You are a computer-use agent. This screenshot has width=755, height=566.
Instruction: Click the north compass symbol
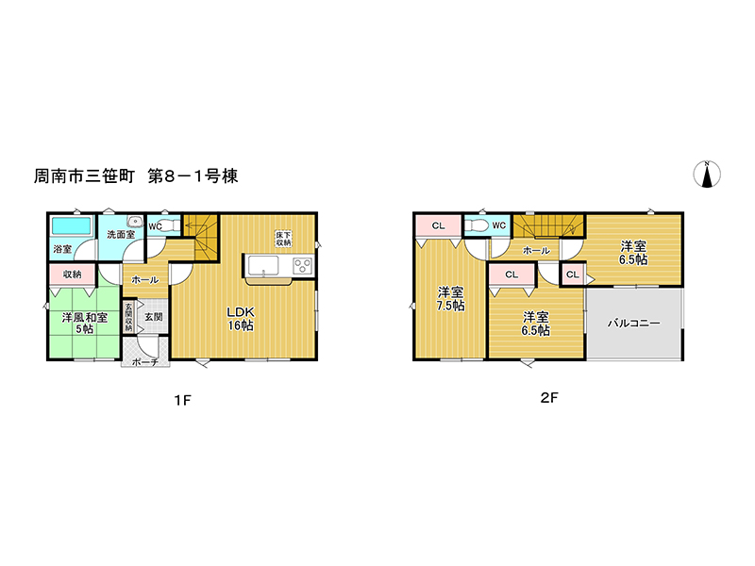pyautogui.click(x=707, y=174)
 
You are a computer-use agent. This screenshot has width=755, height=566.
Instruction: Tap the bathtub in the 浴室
pyautogui.click(x=72, y=225)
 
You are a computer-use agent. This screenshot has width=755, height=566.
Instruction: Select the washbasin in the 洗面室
pyautogui.click(x=135, y=221)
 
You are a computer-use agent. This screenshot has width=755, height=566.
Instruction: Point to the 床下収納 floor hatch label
pyautogui.click(x=283, y=239)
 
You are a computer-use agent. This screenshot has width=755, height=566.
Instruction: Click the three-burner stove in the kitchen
pyautogui.click(x=303, y=266)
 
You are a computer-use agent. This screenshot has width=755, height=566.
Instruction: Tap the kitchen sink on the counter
pyautogui.click(x=263, y=266)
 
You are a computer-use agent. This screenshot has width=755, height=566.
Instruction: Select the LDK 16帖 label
pyautogui.click(x=241, y=319)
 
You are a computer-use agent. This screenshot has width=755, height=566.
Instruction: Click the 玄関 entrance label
pyautogui.click(x=154, y=317)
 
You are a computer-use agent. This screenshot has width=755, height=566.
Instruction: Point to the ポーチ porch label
pyautogui.click(x=145, y=361)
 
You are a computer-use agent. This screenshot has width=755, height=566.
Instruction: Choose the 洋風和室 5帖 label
pyautogui.click(x=84, y=324)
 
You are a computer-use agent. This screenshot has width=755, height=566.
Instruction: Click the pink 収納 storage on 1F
pyautogui.click(x=73, y=275)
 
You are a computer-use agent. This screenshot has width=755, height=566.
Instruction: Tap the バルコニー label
pyautogui.click(x=633, y=323)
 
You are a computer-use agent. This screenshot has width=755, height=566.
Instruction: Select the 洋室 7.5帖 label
pyautogui.click(x=451, y=298)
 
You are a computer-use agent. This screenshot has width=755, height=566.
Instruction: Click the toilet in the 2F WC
pyautogui.click(x=477, y=225)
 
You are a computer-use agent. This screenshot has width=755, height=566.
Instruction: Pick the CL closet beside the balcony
pyautogui.click(x=573, y=275)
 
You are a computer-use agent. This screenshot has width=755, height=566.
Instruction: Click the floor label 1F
pyautogui.click(x=183, y=400)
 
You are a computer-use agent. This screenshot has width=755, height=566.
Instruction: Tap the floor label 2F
pyautogui.click(x=549, y=397)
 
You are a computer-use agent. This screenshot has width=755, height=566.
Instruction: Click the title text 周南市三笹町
pyautogui.click(x=84, y=176)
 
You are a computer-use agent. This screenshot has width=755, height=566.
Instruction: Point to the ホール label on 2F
pyautogui.click(x=536, y=251)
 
